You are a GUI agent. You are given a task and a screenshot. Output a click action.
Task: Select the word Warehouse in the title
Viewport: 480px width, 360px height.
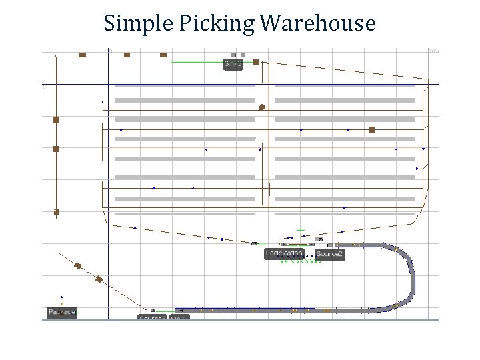(x=318, y=24)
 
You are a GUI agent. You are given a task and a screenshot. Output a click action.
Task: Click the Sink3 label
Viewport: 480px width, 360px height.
(x=233, y=64)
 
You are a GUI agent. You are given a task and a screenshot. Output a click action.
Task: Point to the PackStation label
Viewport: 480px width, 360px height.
(x=284, y=253)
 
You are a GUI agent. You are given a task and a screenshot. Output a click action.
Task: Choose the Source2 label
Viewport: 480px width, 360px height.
(x=329, y=254)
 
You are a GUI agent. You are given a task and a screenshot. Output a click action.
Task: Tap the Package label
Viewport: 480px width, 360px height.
(x=61, y=312)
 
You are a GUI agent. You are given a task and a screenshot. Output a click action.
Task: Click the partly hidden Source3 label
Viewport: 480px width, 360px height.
(x=152, y=318)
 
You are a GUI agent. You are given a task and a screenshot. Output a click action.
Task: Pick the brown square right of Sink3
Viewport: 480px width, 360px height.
(x=256, y=62)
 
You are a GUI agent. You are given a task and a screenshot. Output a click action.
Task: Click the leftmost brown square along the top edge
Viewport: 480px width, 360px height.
(x=83, y=55)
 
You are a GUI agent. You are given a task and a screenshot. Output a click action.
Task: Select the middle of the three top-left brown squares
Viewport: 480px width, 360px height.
(x=127, y=55)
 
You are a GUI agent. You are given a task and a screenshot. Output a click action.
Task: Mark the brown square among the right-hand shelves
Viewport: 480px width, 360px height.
(x=371, y=129)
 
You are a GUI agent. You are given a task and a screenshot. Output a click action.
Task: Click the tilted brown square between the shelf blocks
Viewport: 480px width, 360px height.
(x=262, y=107)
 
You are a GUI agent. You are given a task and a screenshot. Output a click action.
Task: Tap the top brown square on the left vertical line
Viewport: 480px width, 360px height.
(x=56, y=120)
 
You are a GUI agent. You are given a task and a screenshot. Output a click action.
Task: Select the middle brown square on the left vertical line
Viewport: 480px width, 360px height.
(x=56, y=149)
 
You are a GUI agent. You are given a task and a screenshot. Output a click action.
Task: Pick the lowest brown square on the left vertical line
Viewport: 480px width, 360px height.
(x=56, y=211)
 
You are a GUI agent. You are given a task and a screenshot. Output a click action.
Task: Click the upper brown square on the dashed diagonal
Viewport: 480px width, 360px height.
(x=78, y=265)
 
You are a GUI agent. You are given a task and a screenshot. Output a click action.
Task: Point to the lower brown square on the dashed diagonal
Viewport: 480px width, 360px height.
(x=99, y=279)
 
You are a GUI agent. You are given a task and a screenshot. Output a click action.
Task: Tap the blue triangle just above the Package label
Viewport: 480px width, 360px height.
(x=62, y=297)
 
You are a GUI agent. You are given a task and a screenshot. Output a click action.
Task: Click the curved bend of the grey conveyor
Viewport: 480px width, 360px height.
(x=408, y=273)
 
